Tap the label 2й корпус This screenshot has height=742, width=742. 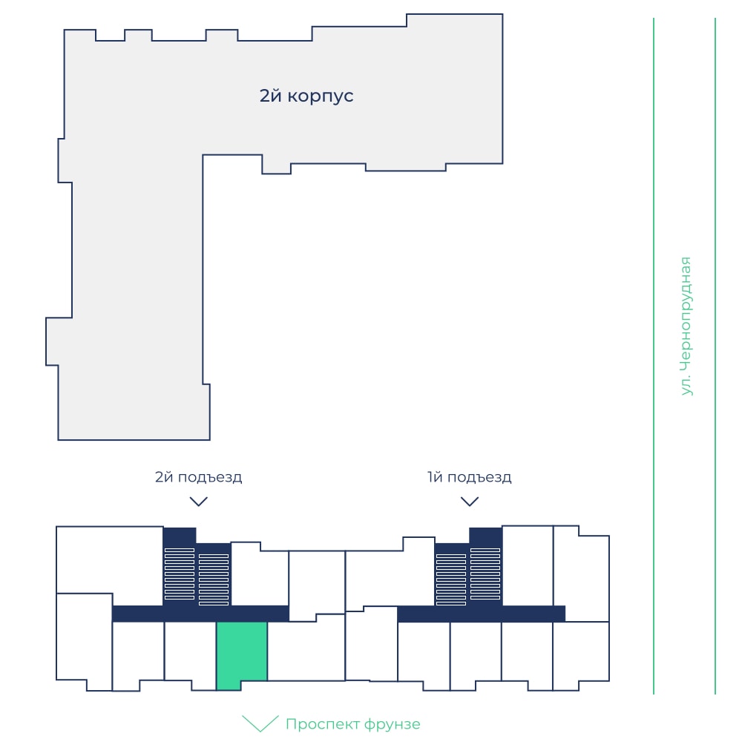(306, 96)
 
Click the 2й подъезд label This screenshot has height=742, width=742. (198, 477)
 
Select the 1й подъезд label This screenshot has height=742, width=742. (469, 477)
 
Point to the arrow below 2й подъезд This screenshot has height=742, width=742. (199, 502)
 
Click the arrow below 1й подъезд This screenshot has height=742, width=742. (470, 502)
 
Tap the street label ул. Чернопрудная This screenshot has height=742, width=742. (686, 326)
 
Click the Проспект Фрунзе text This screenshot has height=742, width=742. (352, 724)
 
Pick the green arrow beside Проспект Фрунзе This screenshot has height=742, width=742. (260, 723)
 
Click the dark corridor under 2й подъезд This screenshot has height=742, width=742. (200, 614)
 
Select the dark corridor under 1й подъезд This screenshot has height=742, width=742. (482, 614)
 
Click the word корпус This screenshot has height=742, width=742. (321, 96)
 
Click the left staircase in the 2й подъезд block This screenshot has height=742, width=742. (180, 574)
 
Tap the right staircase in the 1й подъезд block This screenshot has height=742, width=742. (485, 574)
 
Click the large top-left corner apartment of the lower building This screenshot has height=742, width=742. (110, 559)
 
